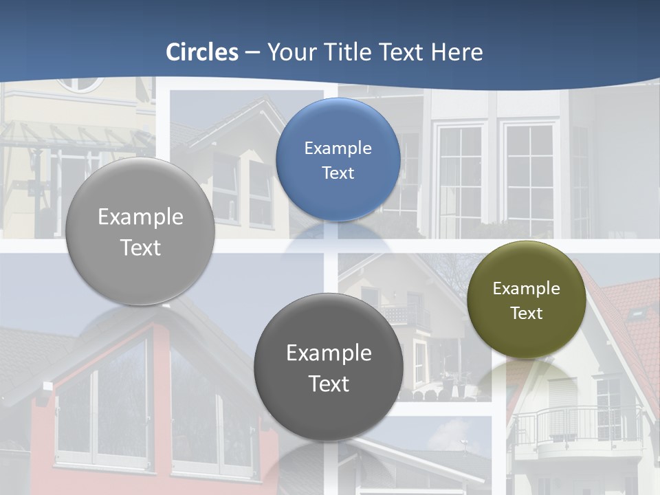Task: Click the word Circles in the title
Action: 202,52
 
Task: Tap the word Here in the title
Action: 457,52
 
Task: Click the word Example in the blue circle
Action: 338,148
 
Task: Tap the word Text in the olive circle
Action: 526,313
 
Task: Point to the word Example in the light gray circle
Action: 140,217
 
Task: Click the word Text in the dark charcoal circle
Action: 329,384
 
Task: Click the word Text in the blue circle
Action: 338,173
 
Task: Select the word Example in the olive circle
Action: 526,289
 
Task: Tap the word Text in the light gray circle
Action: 140,247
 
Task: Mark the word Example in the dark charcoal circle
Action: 329,353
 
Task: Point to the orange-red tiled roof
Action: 636,316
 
